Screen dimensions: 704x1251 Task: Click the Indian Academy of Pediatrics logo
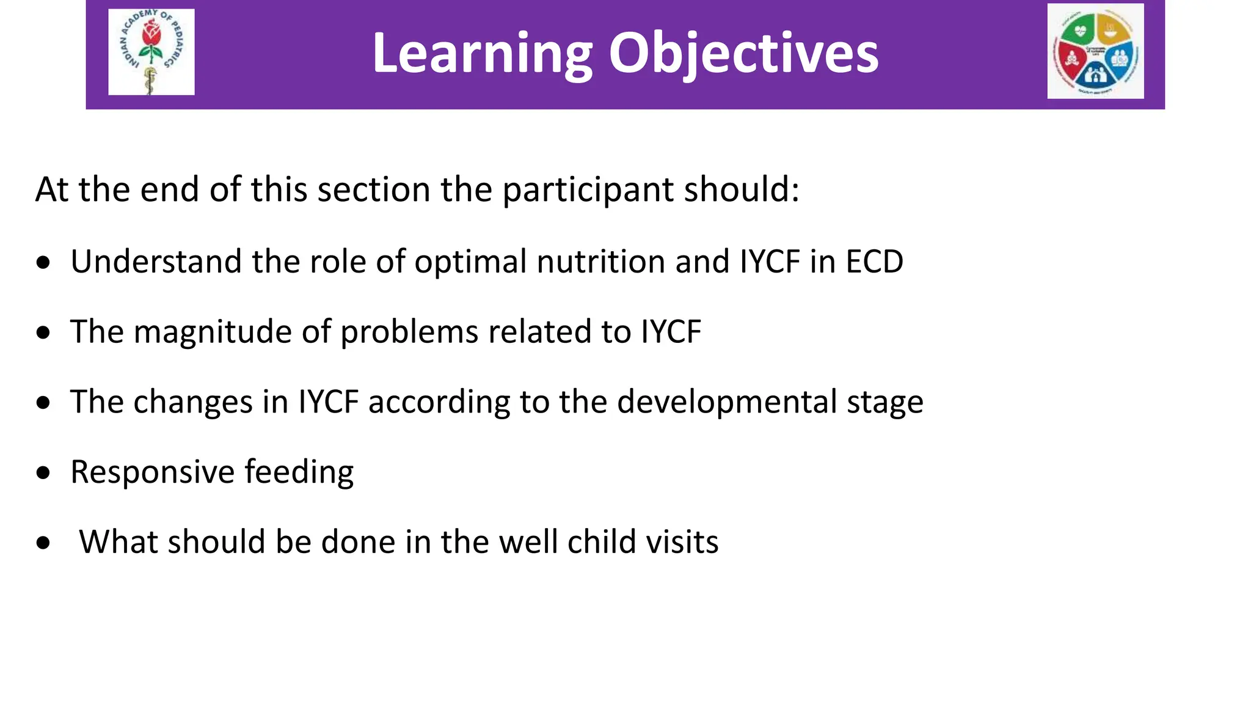151,52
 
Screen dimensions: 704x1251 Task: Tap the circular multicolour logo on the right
1095,51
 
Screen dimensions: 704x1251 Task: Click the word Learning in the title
482,54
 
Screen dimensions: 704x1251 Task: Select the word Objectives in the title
743,54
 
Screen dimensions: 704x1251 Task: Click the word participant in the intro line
587,190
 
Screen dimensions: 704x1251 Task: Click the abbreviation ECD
874,262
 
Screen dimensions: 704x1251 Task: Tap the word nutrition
601,262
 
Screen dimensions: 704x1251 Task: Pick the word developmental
726,402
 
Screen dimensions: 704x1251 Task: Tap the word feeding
299,472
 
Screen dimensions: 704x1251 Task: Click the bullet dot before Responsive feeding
43,473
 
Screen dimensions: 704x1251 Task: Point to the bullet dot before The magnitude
43,333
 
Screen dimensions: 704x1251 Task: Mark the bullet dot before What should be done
43,543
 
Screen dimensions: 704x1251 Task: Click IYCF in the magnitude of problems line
670,332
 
